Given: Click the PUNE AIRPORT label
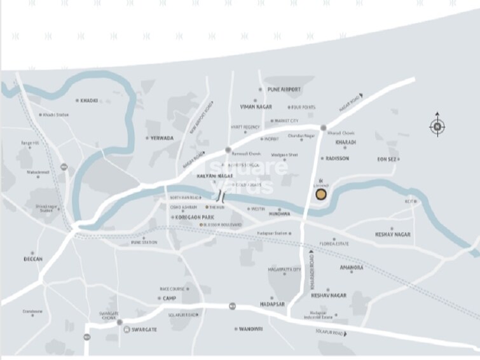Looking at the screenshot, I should click(284, 90).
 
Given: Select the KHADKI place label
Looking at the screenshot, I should click(89, 100).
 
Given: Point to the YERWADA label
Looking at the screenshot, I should click(162, 137).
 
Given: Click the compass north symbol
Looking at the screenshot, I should click(437, 126).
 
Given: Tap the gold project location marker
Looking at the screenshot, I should click(322, 194).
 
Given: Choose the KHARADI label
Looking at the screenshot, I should click(346, 142).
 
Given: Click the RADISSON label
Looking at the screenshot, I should click(337, 158).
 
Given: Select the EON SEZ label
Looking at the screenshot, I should click(388, 158).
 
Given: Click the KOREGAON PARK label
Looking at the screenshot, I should click(194, 218).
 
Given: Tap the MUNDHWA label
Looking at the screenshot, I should click(279, 214).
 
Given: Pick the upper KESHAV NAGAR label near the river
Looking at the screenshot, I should click(393, 235).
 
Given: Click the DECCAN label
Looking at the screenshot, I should click(33, 260).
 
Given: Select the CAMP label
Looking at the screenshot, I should click(168, 298).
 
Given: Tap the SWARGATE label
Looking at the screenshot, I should click(144, 329).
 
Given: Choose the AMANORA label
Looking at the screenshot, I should click(351, 268).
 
